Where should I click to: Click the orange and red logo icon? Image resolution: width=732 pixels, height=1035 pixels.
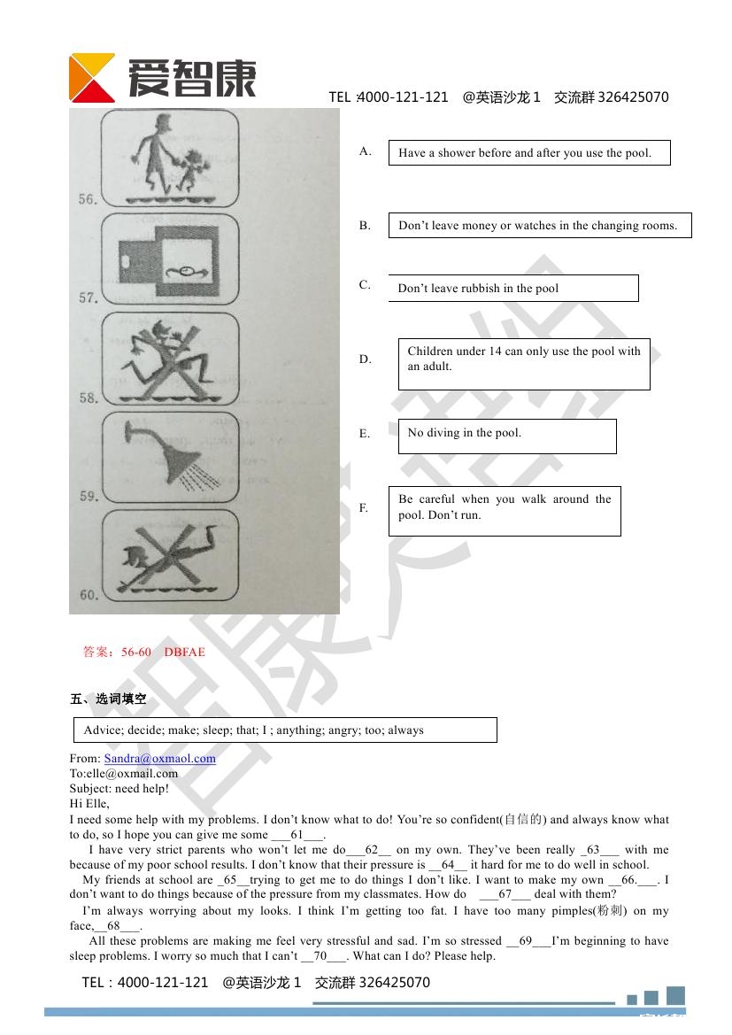[x=92, y=77]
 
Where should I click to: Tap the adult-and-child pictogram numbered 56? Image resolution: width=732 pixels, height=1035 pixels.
[x=170, y=158]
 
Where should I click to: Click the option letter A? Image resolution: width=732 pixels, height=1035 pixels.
[x=365, y=151]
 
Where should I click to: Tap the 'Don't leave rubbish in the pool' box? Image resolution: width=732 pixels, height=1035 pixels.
[x=512, y=288]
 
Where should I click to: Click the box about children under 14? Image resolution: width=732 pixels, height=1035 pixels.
[x=523, y=363]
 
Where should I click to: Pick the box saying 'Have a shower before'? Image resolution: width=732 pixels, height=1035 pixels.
[x=528, y=152]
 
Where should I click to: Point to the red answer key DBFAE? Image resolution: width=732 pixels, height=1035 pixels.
[x=184, y=653]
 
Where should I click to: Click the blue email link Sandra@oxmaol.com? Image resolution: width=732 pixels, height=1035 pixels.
[x=159, y=758]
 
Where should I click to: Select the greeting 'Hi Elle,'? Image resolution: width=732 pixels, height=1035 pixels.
[x=89, y=804]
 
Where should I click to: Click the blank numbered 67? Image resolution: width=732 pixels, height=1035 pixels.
[x=505, y=894]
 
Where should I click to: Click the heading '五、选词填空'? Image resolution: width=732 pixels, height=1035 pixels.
[x=108, y=699]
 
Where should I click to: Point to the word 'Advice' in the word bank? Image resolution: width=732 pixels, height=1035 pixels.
[x=101, y=730]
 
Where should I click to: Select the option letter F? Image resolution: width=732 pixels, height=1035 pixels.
[x=363, y=508]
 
